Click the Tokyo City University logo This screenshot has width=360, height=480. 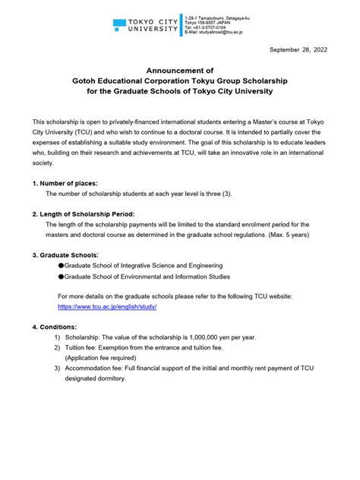pyautogui.click(x=146, y=28)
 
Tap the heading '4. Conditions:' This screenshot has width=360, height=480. pyautogui.click(x=55, y=327)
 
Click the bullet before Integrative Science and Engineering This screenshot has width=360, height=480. pyautogui.click(x=61, y=266)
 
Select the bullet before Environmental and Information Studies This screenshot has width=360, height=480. pyautogui.click(x=61, y=277)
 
